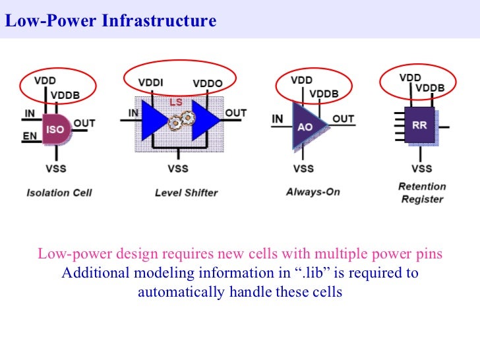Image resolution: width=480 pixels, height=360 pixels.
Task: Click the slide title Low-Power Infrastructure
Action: tap(111, 21)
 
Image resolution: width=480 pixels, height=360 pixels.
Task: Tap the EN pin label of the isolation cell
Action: tap(29, 136)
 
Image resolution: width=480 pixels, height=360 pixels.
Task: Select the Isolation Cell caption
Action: tap(59, 193)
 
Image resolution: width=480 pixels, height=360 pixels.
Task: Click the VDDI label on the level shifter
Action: tap(152, 83)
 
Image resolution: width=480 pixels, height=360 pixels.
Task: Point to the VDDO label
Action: tap(207, 84)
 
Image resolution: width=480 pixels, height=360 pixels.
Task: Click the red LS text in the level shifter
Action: tap(177, 102)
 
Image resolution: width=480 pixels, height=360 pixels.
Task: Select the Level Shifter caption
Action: tap(186, 193)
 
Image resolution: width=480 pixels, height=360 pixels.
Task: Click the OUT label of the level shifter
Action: tap(235, 113)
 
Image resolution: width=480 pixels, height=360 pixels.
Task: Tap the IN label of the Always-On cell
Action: tap(278, 119)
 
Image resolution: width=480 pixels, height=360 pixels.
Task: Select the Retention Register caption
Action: tap(422, 193)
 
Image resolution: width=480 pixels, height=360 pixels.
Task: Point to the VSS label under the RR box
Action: tap(421, 168)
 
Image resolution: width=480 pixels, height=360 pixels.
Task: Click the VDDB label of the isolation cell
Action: tap(65, 95)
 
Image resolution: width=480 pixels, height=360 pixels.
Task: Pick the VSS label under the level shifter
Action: tap(178, 168)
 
